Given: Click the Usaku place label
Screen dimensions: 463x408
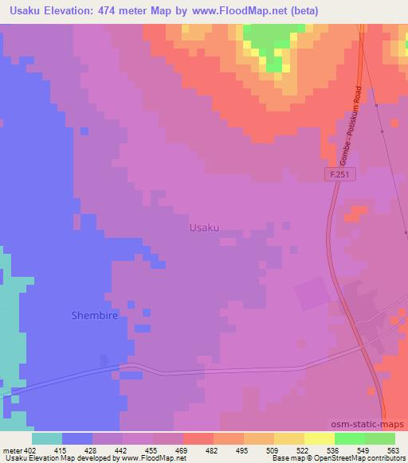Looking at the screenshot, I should (204, 228).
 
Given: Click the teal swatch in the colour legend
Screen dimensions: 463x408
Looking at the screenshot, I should (46, 438).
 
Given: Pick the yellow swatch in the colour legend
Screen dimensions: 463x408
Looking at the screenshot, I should (319, 438).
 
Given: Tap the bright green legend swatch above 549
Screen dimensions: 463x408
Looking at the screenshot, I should (349, 438).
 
